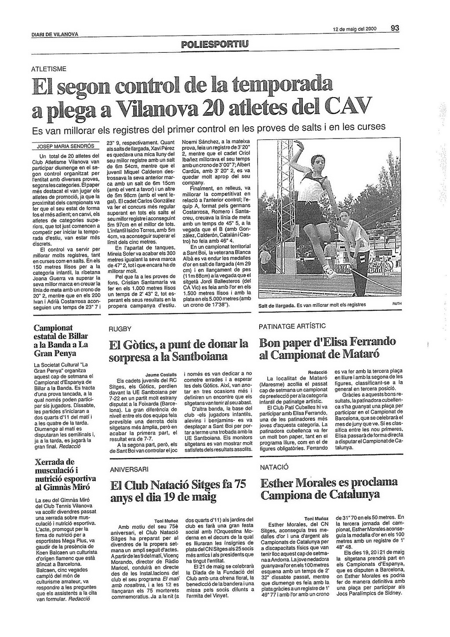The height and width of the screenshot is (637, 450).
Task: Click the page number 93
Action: coord(395,28)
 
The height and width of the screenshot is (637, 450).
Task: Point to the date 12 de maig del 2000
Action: coord(355,29)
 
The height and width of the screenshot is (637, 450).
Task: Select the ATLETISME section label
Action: coord(49,69)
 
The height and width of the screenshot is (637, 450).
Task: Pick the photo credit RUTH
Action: coord(397,303)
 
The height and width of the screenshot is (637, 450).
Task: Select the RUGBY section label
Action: coord(120,328)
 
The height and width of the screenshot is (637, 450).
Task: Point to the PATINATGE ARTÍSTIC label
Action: coord(292,326)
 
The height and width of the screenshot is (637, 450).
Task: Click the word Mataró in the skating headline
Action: coord(359,354)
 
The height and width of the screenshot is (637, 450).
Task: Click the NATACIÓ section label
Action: coord(274,467)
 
